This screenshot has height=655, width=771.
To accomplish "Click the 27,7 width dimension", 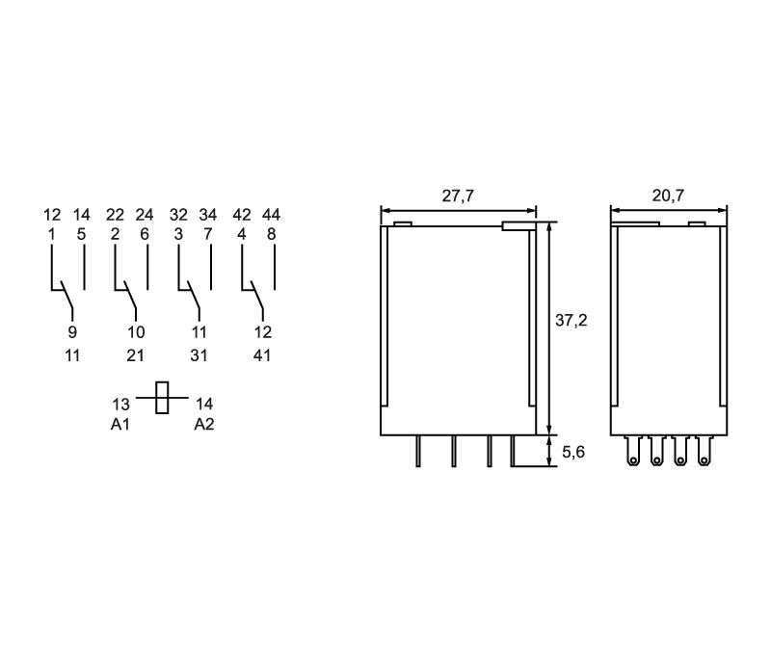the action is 458,196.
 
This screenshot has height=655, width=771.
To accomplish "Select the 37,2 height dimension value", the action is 571,321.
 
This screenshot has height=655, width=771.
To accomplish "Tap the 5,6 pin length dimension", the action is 573,452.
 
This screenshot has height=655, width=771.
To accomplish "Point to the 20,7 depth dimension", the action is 668,196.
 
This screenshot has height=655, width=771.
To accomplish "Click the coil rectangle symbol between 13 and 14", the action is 162,398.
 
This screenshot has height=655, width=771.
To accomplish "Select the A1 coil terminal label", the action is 120,424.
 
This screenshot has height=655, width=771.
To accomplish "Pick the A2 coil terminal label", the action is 204,424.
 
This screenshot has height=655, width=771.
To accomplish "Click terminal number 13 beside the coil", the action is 120,405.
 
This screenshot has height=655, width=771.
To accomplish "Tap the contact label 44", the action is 271,214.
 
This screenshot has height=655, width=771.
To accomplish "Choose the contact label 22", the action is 115,214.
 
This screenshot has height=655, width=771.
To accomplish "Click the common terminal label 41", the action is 261,355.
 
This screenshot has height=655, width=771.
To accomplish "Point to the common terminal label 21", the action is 135,355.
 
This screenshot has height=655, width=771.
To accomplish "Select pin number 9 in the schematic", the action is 72,332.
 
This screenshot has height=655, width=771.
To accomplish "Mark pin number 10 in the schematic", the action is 136,332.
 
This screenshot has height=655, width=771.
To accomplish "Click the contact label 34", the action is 208,214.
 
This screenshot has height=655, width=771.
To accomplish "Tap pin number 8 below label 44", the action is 271,234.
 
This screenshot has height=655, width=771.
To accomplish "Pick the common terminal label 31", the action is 199,355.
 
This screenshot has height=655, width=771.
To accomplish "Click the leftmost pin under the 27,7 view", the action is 418,451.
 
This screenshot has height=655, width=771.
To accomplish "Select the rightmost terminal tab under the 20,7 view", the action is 704,451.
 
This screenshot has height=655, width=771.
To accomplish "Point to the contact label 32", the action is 178,214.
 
